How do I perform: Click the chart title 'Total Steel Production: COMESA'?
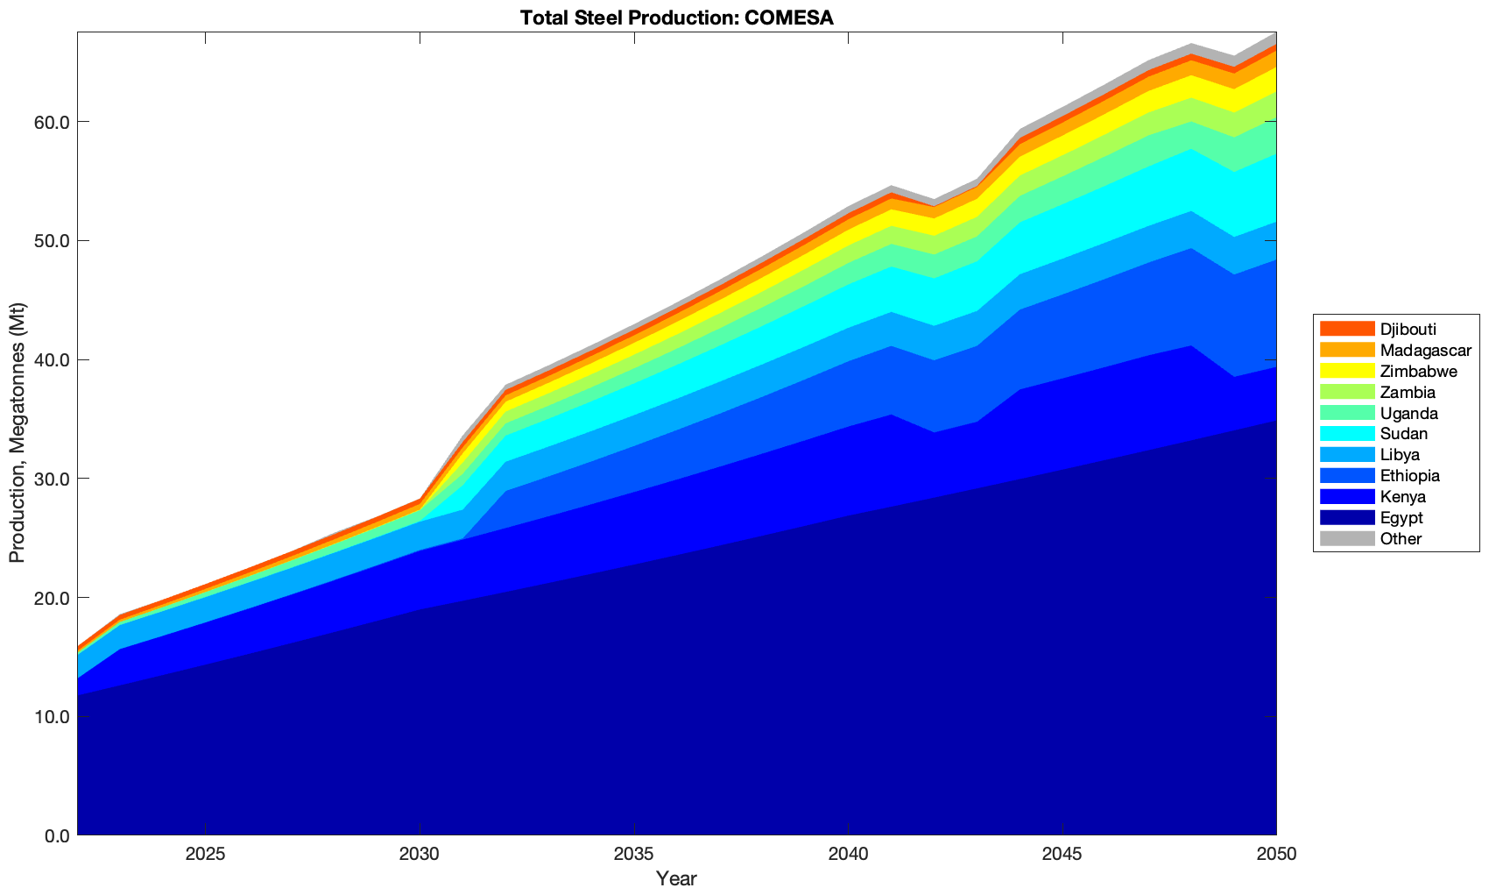(676, 18)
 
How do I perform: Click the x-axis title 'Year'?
(676, 878)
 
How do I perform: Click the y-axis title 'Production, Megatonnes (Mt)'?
(17, 433)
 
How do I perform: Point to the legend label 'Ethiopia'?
(1409, 476)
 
